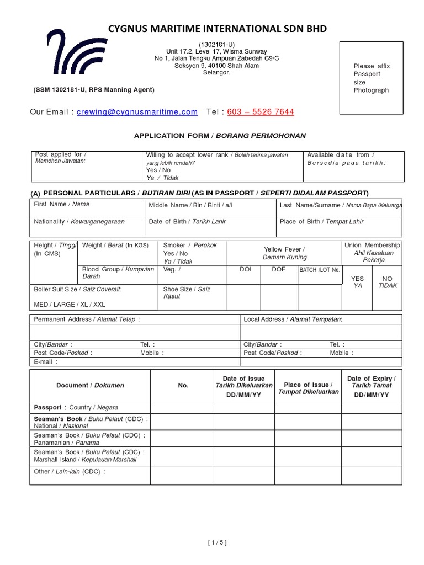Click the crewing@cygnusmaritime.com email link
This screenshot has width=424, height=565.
[x=137, y=112]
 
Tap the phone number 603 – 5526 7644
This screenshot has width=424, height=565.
[x=261, y=112]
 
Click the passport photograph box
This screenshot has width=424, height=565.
[x=378, y=78]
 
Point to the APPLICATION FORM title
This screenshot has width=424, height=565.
[x=220, y=135]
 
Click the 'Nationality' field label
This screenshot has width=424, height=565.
[x=79, y=222]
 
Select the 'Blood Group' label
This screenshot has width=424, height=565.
[x=118, y=273]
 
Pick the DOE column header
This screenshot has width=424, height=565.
[x=279, y=269]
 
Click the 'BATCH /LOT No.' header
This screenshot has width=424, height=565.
[x=320, y=270]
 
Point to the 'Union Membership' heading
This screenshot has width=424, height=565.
[x=372, y=245]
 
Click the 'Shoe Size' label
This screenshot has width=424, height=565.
[x=187, y=292]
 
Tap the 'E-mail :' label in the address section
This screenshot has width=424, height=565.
[x=45, y=362]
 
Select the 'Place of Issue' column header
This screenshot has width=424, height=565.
[x=308, y=388]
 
